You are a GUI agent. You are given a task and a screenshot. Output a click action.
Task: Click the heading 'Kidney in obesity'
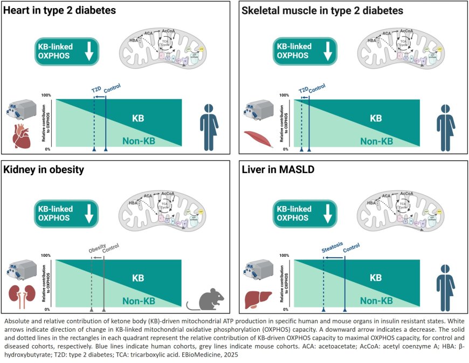point(44,172)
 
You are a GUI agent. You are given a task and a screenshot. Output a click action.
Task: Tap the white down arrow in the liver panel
point(328,212)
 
